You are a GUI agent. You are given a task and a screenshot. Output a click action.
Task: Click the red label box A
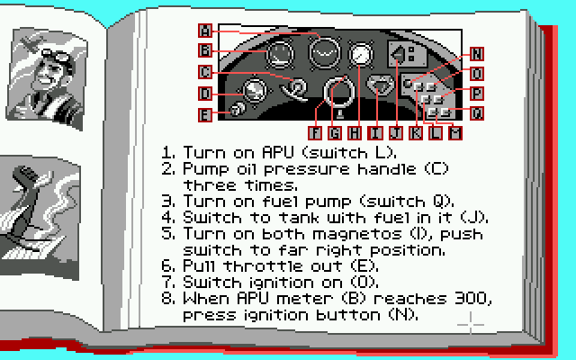(x=205, y=31)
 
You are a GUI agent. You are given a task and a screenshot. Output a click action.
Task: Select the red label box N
(x=477, y=54)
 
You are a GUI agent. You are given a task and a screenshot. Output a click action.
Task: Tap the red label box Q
(x=477, y=113)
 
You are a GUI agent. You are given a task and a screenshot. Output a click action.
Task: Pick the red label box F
(x=315, y=133)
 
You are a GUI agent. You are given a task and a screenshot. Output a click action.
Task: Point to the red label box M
(x=455, y=133)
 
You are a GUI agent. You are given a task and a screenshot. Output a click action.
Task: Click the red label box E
(x=205, y=115)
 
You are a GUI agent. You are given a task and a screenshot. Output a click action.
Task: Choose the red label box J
(x=396, y=133)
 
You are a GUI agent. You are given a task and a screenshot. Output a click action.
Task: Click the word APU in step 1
(x=278, y=152)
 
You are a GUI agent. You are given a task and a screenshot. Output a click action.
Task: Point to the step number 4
(x=168, y=217)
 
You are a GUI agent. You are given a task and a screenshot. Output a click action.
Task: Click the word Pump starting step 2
(x=205, y=169)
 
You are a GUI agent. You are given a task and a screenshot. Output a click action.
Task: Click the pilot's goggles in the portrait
(x=58, y=55)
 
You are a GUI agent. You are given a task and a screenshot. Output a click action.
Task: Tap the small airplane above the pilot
(x=31, y=44)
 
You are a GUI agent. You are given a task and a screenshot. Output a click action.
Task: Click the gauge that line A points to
(x=324, y=52)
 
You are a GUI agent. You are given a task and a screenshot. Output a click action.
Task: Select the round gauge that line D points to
(x=254, y=90)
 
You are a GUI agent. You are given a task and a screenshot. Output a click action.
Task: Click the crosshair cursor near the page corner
(x=471, y=324)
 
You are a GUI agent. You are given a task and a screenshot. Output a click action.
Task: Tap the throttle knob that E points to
(x=237, y=109)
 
